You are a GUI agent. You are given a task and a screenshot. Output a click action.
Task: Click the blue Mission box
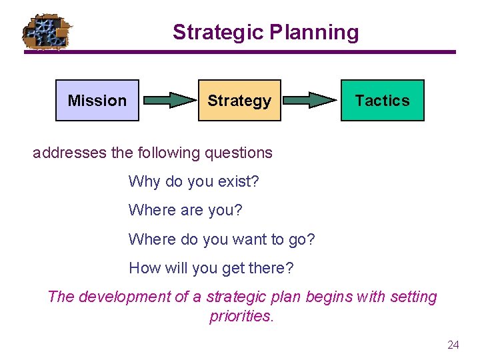pyautogui.click(x=97, y=101)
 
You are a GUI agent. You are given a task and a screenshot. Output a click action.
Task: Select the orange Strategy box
pyautogui.click(x=239, y=101)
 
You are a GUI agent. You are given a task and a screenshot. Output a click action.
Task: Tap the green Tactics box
pyautogui.click(x=382, y=101)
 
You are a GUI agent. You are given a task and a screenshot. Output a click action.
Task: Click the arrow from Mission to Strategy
pyautogui.click(x=167, y=101)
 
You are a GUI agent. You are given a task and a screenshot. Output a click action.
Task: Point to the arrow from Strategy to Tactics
pyautogui.click(x=310, y=101)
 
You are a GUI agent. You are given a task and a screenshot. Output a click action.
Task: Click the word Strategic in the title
pyautogui.click(x=217, y=32)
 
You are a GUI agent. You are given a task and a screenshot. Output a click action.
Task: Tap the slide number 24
pyautogui.click(x=453, y=345)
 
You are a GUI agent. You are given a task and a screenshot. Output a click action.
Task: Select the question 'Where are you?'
pyautogui.click(x=185, y=210)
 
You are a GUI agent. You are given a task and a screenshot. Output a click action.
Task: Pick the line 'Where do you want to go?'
pyautogui.click(x=221, y=239)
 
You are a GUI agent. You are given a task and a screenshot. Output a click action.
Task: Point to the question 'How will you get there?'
pyautogui.click(x=211, y=268)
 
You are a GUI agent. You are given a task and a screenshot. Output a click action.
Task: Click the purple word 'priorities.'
pyautogui.click(x=241, y=316)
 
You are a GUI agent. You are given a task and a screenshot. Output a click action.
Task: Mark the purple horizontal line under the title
pyautogui.click(x=240, y=52)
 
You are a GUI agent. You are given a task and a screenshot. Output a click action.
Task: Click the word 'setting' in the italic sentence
pyautogui.click(x=412, y=297)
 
